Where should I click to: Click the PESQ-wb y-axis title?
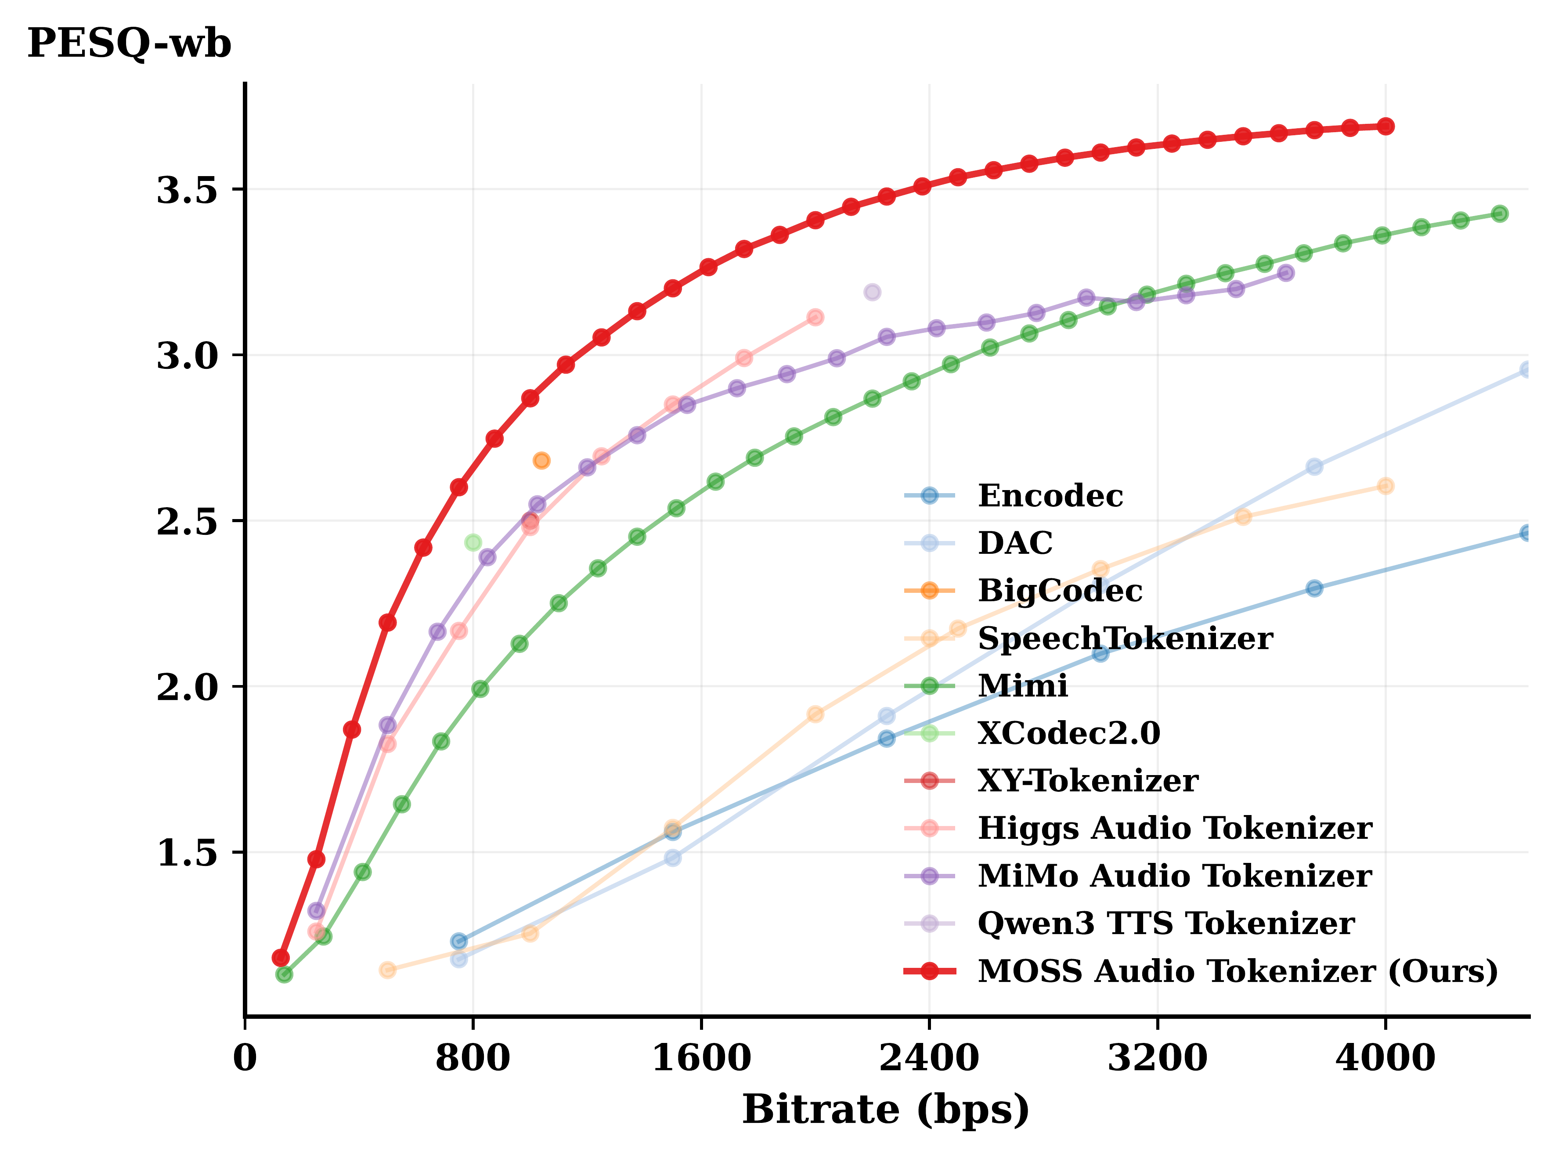click(x=129, y=44)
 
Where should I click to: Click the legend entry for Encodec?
click(x=1050, y=496)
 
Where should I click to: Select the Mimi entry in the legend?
click(x=1022, y=685)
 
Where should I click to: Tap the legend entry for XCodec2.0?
click(x=1068, y=733)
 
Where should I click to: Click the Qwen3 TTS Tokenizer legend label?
click(x=1165, y=923)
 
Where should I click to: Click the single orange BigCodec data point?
click(x=541, y=461)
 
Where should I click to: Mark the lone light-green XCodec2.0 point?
click(x=473, y=542)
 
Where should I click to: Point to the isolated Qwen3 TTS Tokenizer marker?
click(x=872, y=292)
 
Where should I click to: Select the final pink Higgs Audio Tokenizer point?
click(x=815, y=317)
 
